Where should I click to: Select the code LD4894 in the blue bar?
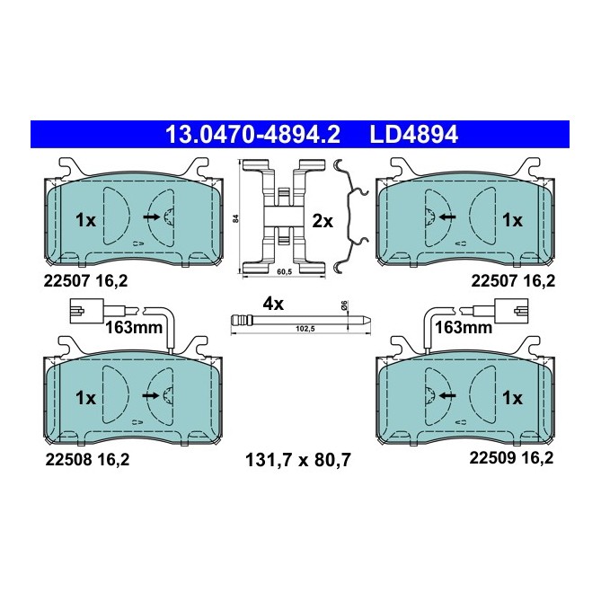pyautogui.click(x=414, y=135)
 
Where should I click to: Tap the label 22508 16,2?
pyautogui.click(x=86, y=458)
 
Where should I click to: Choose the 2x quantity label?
pyautogui.click(x=323, y=220)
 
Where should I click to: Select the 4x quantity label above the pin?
pyautogui.click(x=273, y=304)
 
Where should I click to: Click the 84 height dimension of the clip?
pyautogui.click(x=234, y=218)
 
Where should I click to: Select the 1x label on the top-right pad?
pyautogui.click(x=512, y=219)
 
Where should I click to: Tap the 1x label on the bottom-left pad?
pyautogui.click(x=85, y=396)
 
